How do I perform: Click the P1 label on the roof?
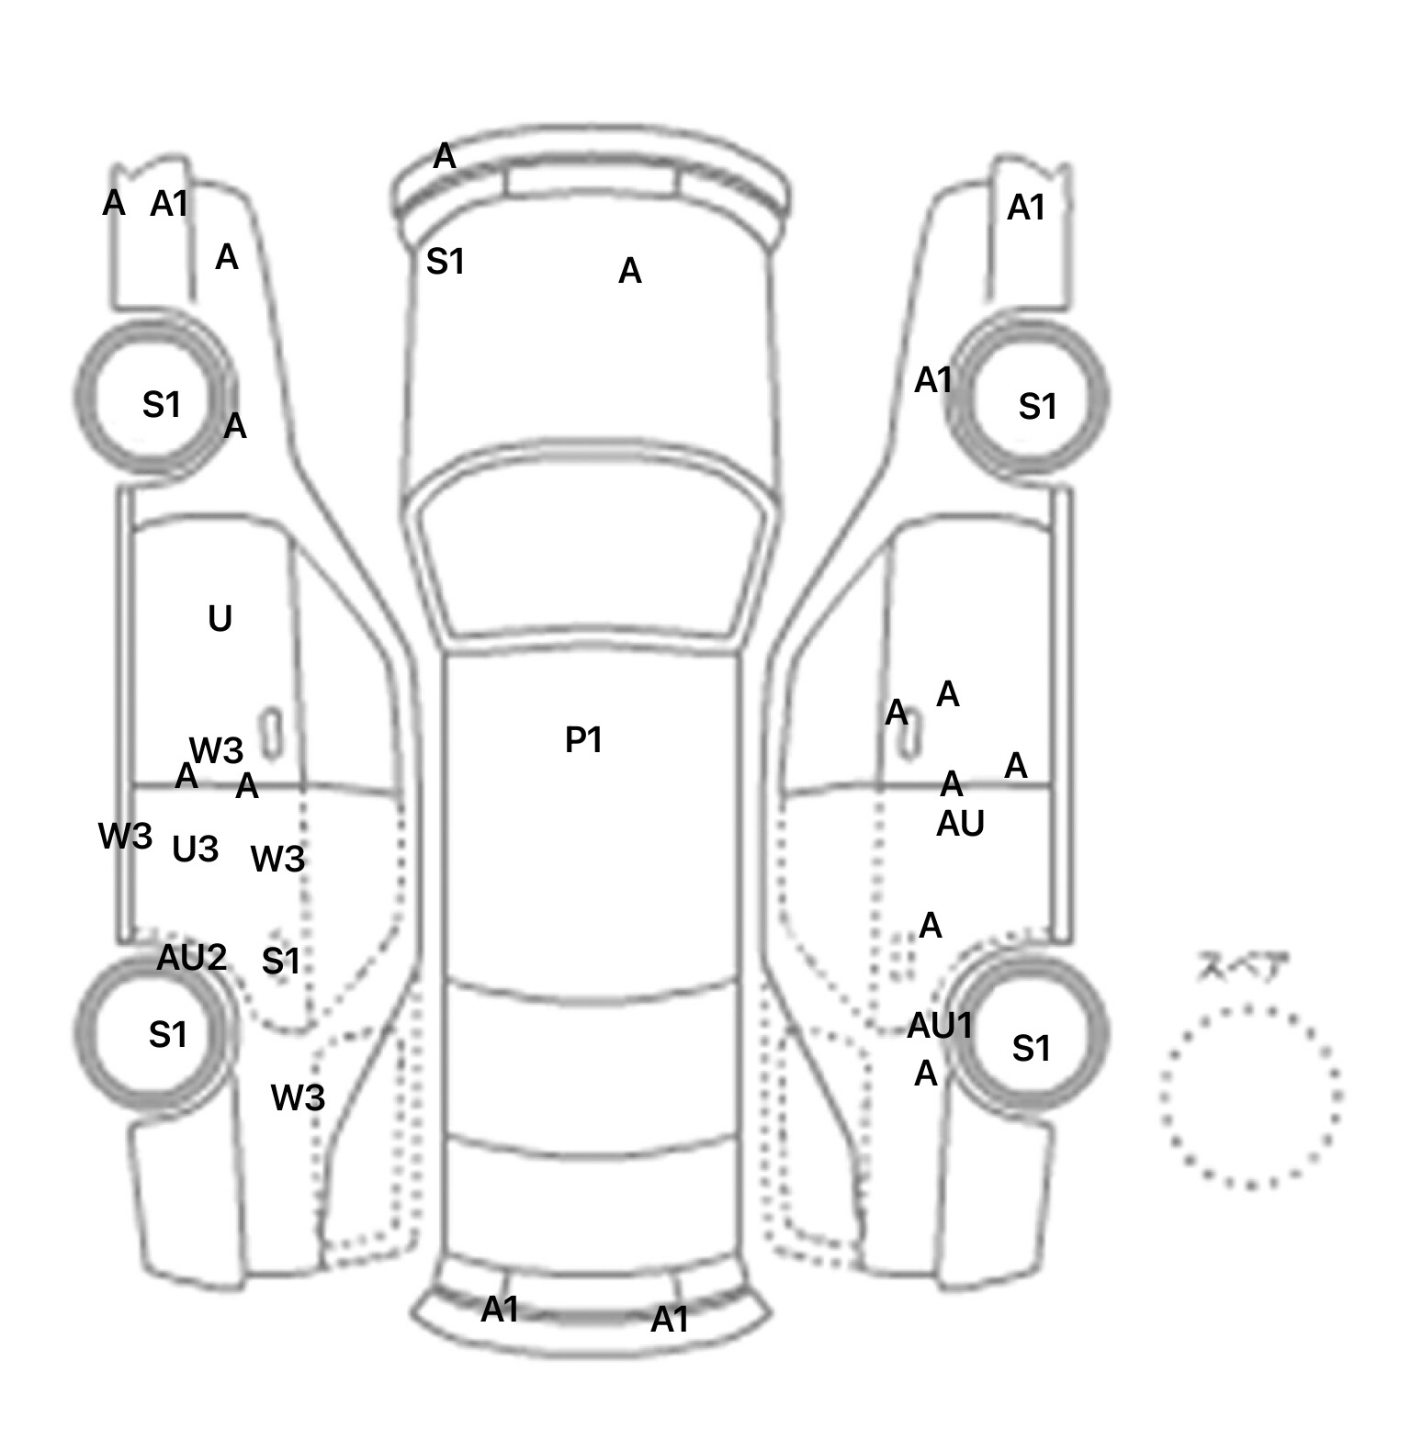click(x=582, y=740)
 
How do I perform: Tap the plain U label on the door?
click(x=220, y=620)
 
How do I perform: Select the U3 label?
click(x=196, y=849)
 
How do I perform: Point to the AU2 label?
click(x=191, y=958)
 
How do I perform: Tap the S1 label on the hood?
click(x=446, y=263)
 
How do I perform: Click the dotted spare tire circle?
click(x=1249, y=1096)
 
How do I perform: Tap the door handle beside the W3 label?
click(x=271, y=733)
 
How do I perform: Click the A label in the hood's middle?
click(x=629, y=272)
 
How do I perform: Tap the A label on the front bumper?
click(x=445, y=157)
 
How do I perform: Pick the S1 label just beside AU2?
click(x=281, y=962)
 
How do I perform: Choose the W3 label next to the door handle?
click(x=217, y=751)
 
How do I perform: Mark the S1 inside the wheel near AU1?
click(x=1031, y=1048)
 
